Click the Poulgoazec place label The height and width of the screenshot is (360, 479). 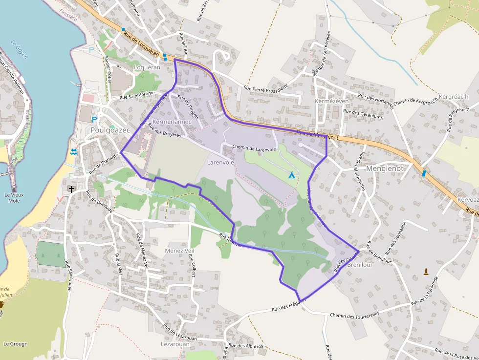(110, 130)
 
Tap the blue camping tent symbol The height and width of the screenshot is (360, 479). (292, 174)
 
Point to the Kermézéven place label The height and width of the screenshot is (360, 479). (332, 101)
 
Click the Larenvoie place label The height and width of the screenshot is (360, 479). (220, 162)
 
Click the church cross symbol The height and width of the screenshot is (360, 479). (71, 189)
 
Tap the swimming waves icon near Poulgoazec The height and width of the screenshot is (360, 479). (73, 152)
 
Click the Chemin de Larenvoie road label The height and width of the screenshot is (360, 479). (254, 148)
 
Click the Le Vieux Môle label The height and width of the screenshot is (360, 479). (14, 198)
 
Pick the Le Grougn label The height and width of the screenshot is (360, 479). (16, 344)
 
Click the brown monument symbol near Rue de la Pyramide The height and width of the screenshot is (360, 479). (426, 271)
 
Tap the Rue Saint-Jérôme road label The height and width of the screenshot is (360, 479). (137, 95)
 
